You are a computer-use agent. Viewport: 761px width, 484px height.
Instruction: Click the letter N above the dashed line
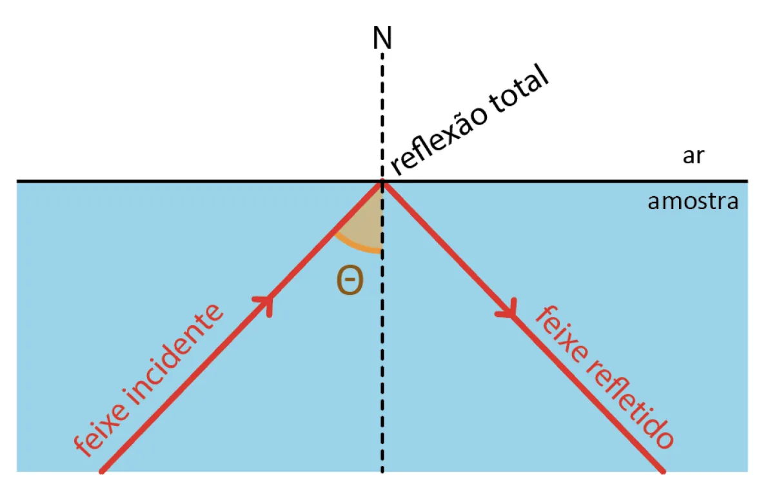click(382, 38)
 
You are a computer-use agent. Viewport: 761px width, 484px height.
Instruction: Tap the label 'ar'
click(693, 156)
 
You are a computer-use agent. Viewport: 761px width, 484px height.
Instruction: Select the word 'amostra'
click(693, 201)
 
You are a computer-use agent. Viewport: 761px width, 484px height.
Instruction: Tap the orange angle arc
click(357, 246)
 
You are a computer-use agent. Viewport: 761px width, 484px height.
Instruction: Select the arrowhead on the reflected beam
click(507, 310)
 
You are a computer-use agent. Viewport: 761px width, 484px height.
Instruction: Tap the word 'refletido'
click(631, 403)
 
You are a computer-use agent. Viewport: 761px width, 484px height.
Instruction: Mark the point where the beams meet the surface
click(382, 183)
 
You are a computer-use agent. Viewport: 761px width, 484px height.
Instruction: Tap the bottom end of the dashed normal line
click(382, 471)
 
